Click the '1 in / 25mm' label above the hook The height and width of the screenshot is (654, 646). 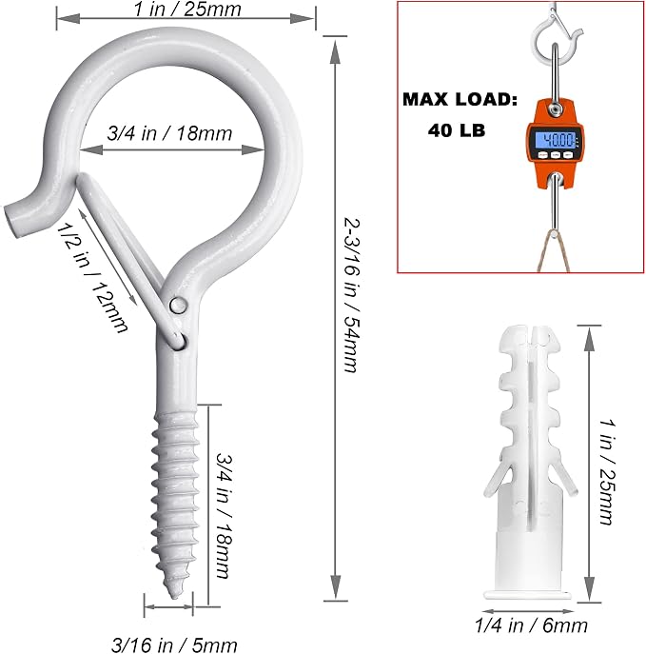pos(187,10)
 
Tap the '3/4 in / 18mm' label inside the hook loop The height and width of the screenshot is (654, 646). pos(169,133)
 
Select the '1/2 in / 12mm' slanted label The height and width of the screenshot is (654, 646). pos(91,278)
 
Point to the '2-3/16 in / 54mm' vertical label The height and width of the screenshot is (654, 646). pos(350,294)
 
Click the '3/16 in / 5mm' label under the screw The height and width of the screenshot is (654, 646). pos(174,644)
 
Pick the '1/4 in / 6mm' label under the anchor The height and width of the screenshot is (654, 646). pos(532,625)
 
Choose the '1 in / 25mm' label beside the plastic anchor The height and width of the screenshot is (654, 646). pos(607,472)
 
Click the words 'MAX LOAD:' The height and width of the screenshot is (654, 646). pos(460,100)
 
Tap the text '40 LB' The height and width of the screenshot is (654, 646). pos(457,130)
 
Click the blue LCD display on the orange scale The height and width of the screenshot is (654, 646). pos(556,140)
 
